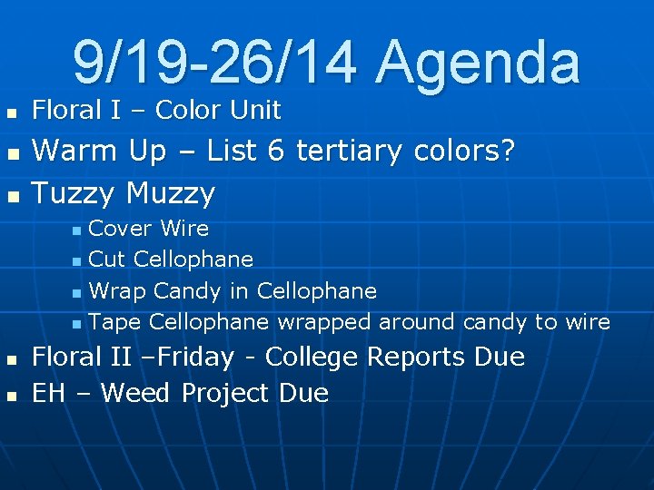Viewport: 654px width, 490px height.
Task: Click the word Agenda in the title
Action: pyautogui.click(x=478, y=63)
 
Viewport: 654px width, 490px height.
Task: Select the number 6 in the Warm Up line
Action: pyautogui.click(x=275, y=151)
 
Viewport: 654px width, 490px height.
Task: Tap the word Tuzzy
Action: pyautogui.click(x=74, y=193)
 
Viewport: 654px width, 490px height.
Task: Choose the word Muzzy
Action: pyautogui.click(x=171, y=193)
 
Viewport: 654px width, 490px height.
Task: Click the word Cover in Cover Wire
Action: pyautogui.click(x=119, y=229)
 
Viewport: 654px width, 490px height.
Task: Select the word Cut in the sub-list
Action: pyautogui.click(x=108, y=260)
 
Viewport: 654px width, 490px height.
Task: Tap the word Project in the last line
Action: pyautogui.click(x=225, y=394)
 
